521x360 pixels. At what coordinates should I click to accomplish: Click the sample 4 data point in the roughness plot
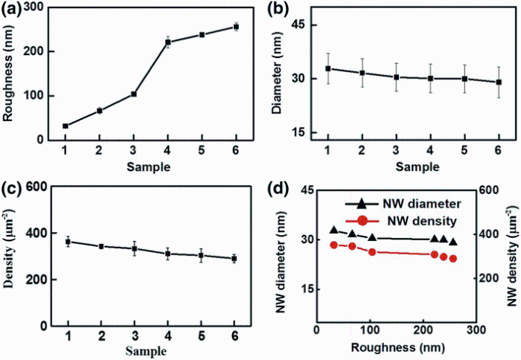pos(168,42)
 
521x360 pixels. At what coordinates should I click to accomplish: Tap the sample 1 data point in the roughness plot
pos(65,126)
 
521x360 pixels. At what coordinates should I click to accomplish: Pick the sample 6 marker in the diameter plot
pos(499,82)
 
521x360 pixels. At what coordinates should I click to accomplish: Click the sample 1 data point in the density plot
pos(68,242)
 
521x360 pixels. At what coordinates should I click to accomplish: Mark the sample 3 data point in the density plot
pos(135,248)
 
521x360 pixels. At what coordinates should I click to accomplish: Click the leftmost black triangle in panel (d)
pos(333,231)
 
